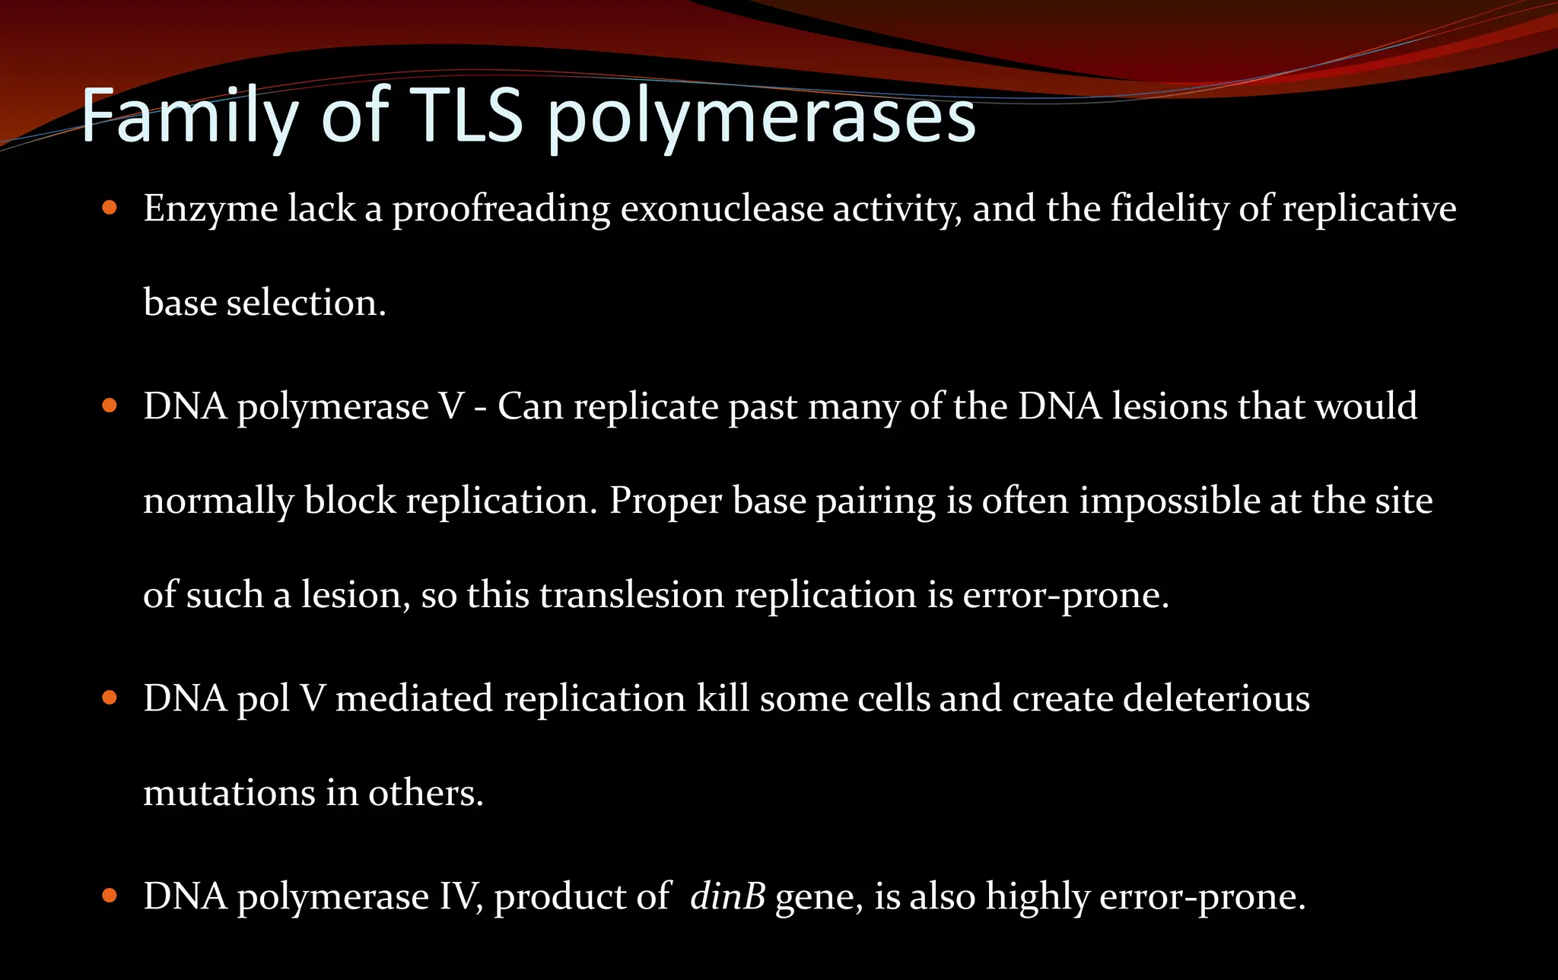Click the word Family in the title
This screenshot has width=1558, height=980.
[189, 116]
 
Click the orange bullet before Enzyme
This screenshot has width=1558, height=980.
[110, 208]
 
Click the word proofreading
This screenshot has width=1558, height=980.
[501, 210]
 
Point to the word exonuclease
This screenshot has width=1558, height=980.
[721, 209]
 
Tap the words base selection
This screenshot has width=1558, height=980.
[264, 303]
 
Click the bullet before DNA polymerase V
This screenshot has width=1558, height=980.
[110, 406]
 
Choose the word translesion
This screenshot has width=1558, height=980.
[631, 595]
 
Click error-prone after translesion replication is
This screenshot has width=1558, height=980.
[1065, 596]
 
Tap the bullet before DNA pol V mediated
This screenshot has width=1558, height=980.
[110, 698]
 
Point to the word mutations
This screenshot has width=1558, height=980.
[229, 793]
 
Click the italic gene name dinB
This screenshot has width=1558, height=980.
[727, 896]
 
